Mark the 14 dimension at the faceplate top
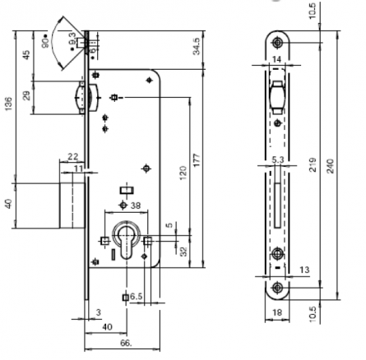[277, 60]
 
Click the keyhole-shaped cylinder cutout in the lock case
[127, 245]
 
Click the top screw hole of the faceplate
[277, 44]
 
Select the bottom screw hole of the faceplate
[279, 286]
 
